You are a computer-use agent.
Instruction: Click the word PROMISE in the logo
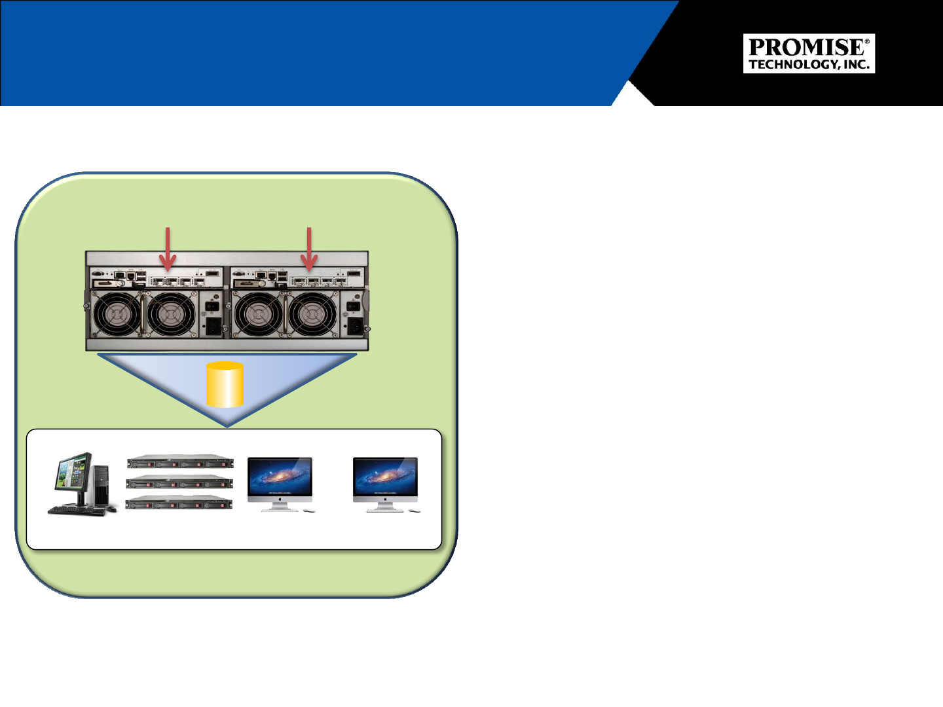[x=806, y=47]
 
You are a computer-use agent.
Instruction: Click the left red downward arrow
[x=168, y=249]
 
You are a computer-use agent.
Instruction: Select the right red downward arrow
[x=309, y=249]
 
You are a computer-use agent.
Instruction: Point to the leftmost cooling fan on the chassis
[x=115, y=313]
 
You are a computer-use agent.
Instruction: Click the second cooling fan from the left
[x=171, y=313]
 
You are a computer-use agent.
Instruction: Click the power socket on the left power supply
[x=213, y=325]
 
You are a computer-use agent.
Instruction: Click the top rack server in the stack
[x=180, y=462]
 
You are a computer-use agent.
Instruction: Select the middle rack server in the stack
[x=179, y=482]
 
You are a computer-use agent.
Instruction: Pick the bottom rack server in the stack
[x=179, y=503]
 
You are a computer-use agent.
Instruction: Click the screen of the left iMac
[x=280, y=476]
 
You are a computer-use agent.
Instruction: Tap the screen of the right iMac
[x=385, y=476]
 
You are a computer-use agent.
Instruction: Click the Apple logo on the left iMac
[x=280, y=499]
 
